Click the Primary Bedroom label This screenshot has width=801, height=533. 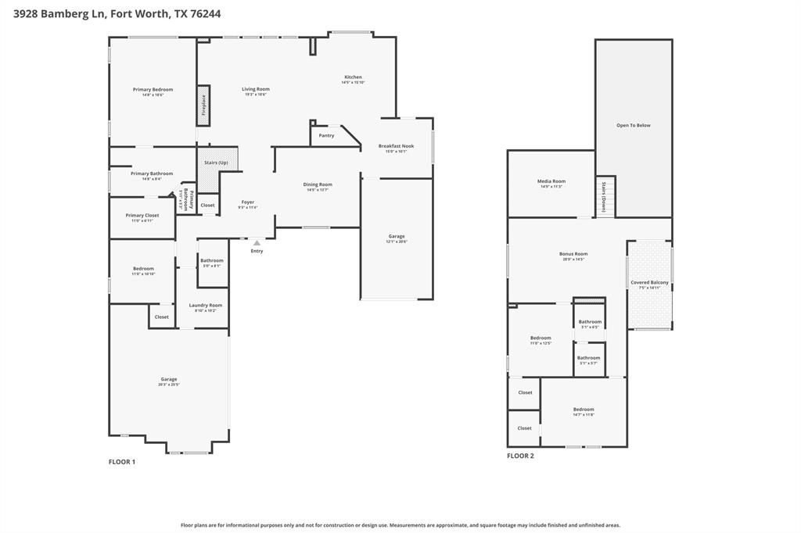[x=153, y=90]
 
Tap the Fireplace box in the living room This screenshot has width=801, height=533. [x=203, y=105]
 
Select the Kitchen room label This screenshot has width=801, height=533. [x=354, y=77]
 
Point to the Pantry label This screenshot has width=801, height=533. [x=326, y=136]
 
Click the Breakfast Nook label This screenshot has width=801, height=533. [x=396, y=146]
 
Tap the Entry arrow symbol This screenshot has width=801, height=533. [x=257, y=243]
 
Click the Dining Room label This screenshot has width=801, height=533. [x=318, y=184]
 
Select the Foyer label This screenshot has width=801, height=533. [x=247, y=202]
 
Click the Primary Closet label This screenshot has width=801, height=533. [x=142, y=215]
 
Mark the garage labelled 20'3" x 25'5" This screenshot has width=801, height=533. [x=168, y=380]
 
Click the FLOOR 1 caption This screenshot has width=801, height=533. [x=121, y=462]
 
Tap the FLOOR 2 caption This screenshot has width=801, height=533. [x=520, y=456]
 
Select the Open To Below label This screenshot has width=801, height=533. [x=633, y=125]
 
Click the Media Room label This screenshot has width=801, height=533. [x=551, y=181]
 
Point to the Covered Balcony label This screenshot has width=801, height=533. [x=649, y=282]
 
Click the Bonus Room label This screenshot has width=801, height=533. [x=573, y=254]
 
